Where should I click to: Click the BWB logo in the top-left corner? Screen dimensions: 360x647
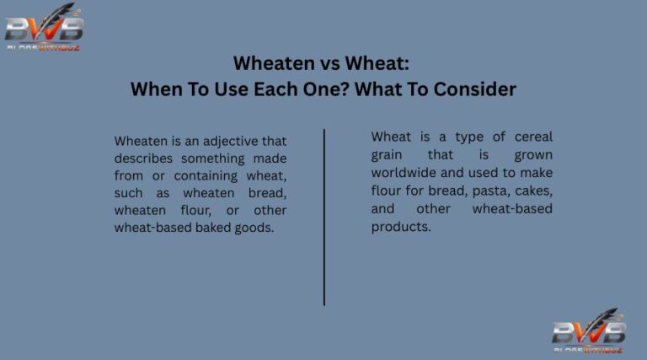pos(44,28)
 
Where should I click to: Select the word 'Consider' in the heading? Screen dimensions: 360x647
pos(474,89)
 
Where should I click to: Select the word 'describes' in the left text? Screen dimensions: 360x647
pos(144,159)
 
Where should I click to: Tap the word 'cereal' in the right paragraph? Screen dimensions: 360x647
pos(530,137)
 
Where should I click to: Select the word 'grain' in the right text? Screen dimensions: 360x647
pos(388,155)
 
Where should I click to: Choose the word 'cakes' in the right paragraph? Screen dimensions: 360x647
pos(532,191)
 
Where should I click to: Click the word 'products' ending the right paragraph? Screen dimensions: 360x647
pos(400,226)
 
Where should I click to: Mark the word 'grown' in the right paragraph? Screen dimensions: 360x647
pos(533,155)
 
